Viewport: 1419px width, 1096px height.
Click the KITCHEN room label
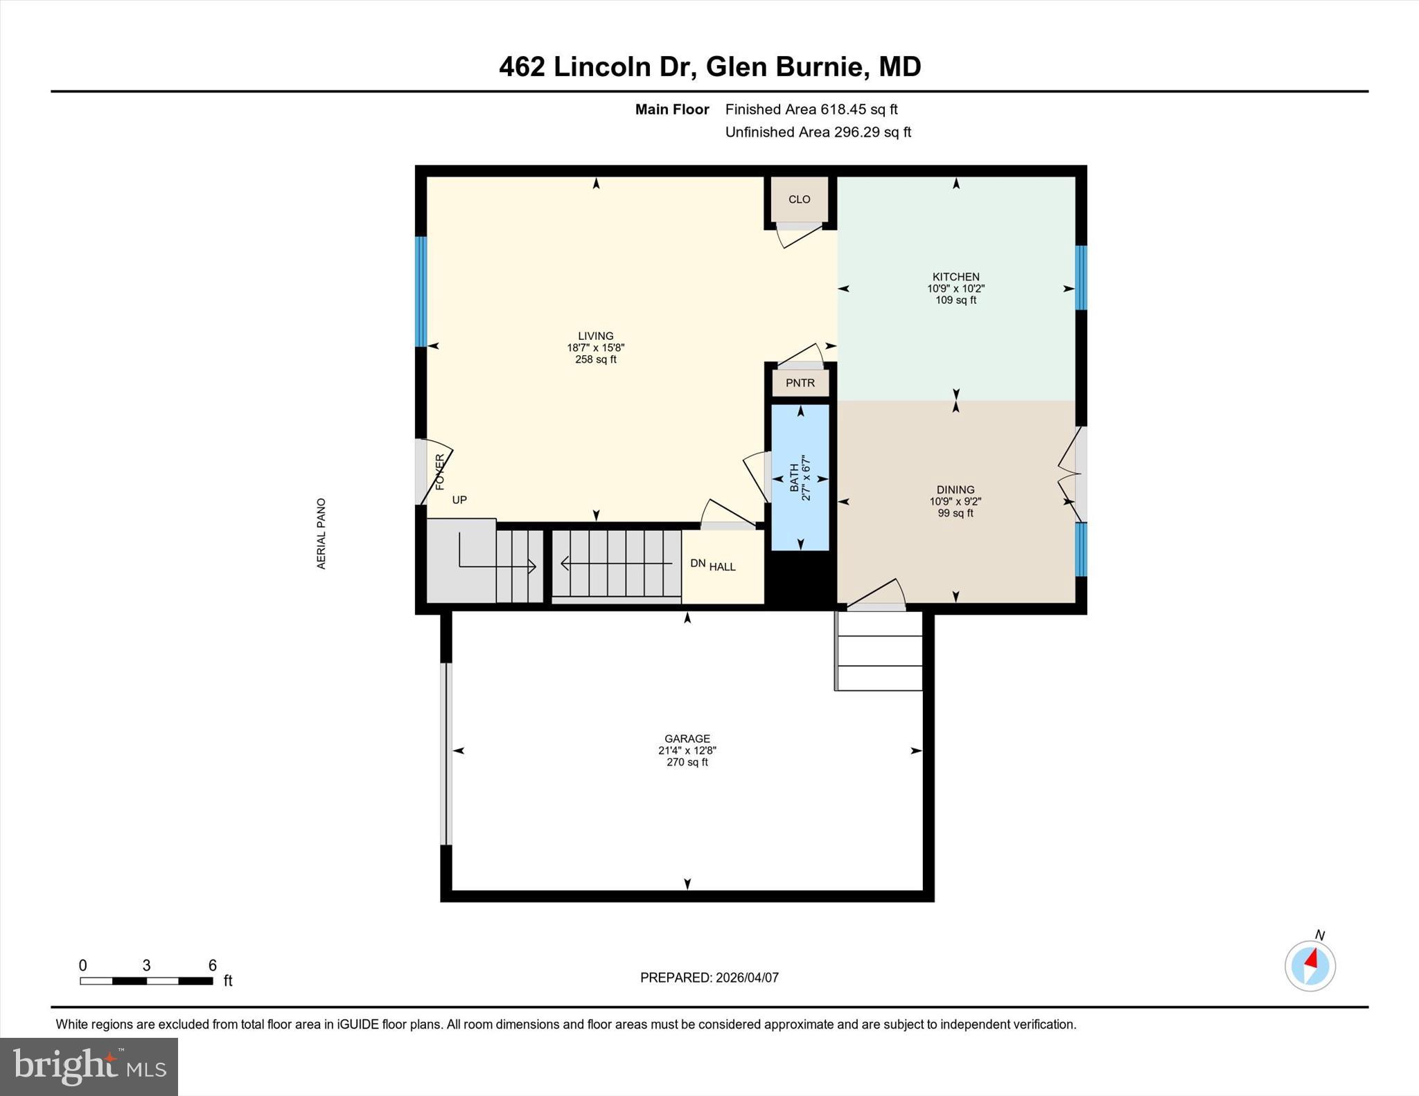click(x=955, y=277)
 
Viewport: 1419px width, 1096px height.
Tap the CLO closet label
click(x=799, y=199)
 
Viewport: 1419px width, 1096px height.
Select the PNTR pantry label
click(x=800, y=383)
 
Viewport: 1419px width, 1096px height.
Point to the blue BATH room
click(x=800, y=478)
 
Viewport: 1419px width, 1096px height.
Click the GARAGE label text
click(x=687, y=739)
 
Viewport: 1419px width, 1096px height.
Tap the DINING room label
click(x=955, y=489)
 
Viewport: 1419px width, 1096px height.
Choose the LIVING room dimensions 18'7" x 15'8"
click(x=595, y=348)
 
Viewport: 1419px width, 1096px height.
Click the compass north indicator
click(x=1310, y=964)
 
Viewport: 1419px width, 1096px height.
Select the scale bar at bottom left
click(x=146, y=980)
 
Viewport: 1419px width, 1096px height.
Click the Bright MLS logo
click(x=89, y=1066)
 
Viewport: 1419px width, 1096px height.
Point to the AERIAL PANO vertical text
click(x=321, y=534)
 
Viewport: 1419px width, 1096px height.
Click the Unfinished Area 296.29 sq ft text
click(x=818, y=132)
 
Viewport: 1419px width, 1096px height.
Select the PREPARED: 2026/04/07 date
click(x=709, y=978)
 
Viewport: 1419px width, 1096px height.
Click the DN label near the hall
click(x=697, y=564)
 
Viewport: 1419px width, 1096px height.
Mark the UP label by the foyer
click(x=459, y=500)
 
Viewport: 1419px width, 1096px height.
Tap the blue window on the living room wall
click(x=421, y=291)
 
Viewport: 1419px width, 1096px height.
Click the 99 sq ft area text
click(x=955, y=514)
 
